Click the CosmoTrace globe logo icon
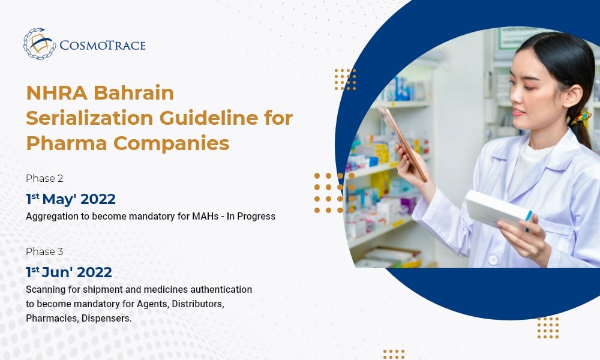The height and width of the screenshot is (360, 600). click(39, 44)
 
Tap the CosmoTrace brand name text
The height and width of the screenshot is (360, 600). click(103, 45)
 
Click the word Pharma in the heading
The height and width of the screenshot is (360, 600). click(61, 144)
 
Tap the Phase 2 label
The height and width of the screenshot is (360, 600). click(44, 178)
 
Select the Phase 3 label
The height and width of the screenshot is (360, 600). click(44, 251)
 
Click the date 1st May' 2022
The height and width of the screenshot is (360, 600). click(71, 199)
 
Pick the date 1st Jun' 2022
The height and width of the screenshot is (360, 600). click(69, 272)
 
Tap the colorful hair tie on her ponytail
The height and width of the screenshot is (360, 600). click(580, 116)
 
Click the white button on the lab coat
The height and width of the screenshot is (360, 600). click(493, 260)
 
